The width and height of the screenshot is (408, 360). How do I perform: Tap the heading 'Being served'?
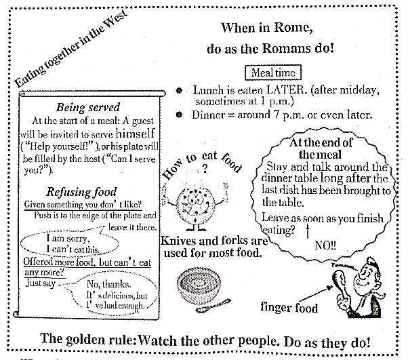pos(87,107)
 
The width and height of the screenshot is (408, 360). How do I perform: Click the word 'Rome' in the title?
pos(296,28)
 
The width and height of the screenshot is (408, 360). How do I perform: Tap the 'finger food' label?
pos(289,307)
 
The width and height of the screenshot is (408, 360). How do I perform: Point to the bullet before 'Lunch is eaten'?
pos(178,90)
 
